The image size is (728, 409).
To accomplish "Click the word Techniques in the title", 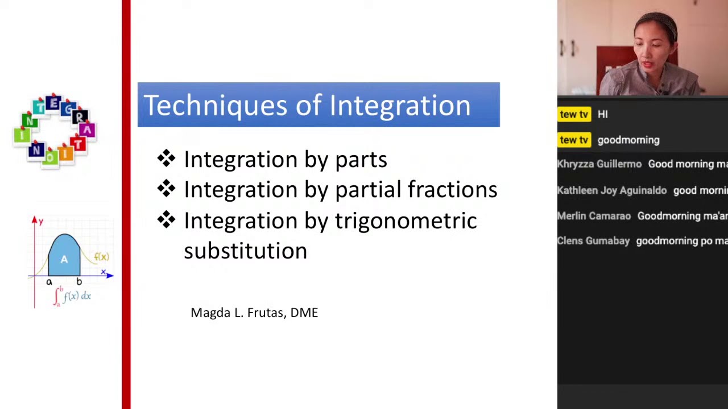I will click(x=215, y=106).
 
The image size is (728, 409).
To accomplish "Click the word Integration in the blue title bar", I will click(x=400, y=106).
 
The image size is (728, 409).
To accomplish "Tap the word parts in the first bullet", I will click(x=361, y=160).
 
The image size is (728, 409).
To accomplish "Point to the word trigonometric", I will click(x=406, y=220).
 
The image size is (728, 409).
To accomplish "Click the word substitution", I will click(x=245, y=251).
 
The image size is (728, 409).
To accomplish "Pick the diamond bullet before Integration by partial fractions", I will click(x=166, y=189).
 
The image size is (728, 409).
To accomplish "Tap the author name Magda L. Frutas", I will click(x=238, y=312).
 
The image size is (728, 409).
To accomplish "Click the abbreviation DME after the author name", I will click(x=304, y=312).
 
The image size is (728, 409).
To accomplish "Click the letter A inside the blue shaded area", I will click(x=64, y=259).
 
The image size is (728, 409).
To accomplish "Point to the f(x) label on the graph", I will click(x=101, y=257).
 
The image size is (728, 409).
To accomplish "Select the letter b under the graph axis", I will click(x=79, y=282).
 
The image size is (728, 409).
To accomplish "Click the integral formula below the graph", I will click(x=72, y=296).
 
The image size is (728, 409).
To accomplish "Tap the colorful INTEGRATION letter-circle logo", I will click(x=55, y=130).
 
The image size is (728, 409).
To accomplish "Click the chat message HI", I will click(x=602, y=114).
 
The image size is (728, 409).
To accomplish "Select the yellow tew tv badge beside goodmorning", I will click(x=573, y=140).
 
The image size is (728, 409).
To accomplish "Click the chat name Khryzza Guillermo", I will click(x=599, y=164).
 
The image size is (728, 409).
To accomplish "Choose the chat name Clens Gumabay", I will click(x=593, y=241).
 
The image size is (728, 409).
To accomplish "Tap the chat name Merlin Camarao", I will click(x=594, y=216).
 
